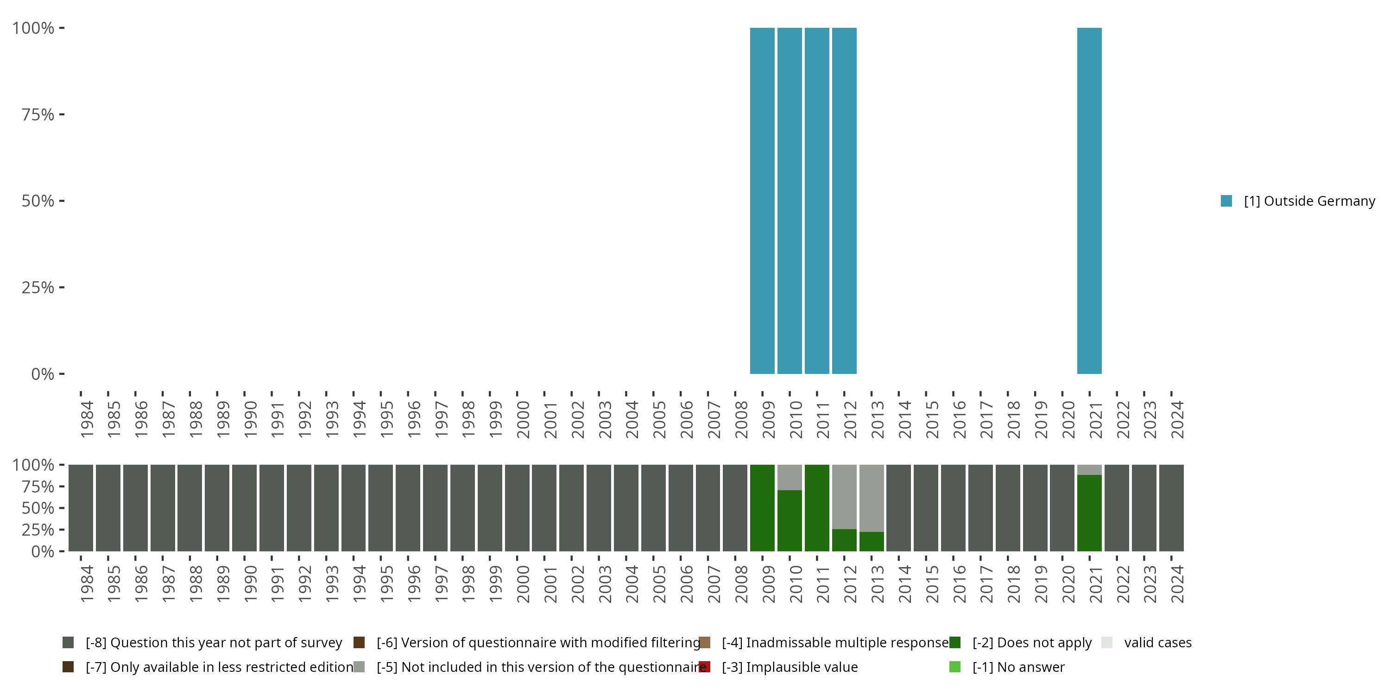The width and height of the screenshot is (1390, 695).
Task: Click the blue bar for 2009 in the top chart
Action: point(762,201)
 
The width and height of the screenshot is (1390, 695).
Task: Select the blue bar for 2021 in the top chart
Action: point(1089,201)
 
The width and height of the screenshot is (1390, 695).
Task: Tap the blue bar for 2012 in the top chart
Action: point(844,201)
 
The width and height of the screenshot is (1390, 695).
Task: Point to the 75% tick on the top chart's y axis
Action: point(38,114)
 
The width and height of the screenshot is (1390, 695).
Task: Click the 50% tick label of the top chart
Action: point(38,201)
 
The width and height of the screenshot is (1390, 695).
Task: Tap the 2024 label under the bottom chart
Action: point(1177,584)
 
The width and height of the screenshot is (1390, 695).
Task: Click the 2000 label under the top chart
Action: point(523,419)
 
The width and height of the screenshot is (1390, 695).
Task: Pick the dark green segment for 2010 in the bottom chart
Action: point(790,521)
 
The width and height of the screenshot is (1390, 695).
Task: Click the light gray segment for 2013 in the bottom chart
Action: point(872,498)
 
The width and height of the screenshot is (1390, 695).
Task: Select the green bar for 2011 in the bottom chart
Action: point(817,508)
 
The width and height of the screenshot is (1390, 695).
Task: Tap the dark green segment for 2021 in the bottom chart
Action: point(1089,512)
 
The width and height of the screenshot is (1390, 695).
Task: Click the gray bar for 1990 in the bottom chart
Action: point(245,508)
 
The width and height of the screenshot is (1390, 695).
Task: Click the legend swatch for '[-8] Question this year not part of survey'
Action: point(68,643)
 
